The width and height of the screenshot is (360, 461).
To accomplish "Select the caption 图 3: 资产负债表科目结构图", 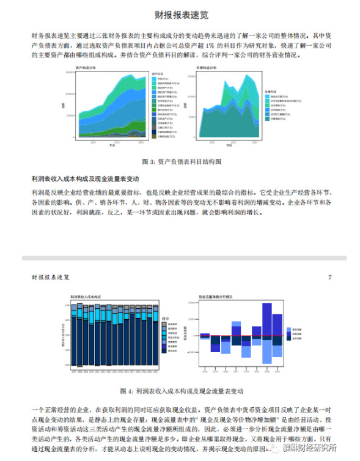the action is coord(180,161).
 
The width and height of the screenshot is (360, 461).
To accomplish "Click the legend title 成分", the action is coord(165,319).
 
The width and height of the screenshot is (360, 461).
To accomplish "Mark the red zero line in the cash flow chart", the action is coord(241,335).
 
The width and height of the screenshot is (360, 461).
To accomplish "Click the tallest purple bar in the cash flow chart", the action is coord(266,319).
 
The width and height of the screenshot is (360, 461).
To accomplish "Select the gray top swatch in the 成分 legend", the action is coord(163,324).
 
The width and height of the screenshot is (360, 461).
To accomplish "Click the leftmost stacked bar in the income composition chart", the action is coord(74,336).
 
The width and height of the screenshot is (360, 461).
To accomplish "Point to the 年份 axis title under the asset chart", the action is coord(112,146).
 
